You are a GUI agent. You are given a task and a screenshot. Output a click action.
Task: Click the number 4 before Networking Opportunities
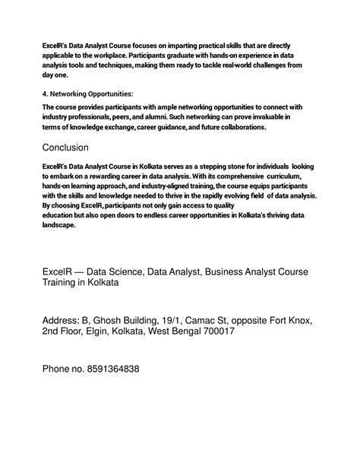44,94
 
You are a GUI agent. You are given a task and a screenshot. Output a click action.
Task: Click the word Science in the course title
119,270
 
